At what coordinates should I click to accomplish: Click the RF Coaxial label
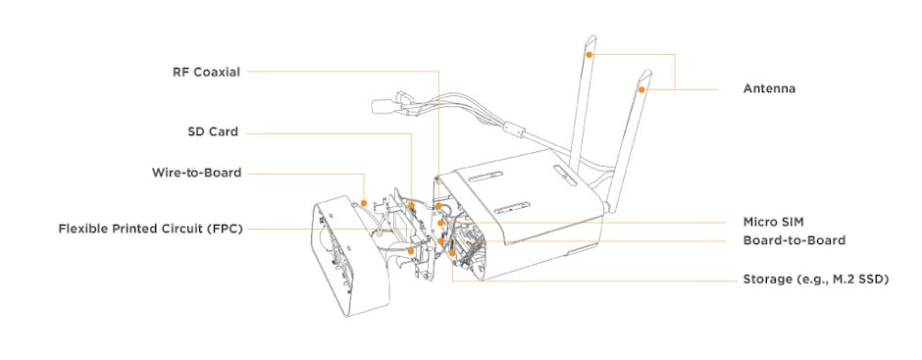[x=206, y=73]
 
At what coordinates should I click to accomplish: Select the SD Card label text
[x=213, y=131]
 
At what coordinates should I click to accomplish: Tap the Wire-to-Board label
[x=196, y=173]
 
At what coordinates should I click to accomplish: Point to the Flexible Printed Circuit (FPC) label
[x=150, y=229]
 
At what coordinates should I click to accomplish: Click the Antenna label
[x=769, y=89]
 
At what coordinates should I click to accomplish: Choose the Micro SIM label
[x=773, y=222]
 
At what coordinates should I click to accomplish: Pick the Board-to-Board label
[x=794, y=240]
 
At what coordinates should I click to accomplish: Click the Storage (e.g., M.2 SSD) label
[x=815, y=280]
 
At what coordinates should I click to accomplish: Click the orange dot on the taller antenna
[x=589, y=54]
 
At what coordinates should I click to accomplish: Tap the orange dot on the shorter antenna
[x=642, y=89]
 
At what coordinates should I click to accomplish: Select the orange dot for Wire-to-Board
[x=364, y=203]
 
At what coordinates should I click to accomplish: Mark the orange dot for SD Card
[x=412, y=205]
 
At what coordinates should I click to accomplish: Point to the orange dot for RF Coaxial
[x=438, y=205]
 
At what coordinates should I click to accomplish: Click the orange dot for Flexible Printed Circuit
[x=411, y=250]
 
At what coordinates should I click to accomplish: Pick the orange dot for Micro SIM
[x=440, y=223]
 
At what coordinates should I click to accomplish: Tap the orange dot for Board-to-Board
[x=440, y=241]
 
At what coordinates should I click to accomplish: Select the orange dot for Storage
[x=451, y=253]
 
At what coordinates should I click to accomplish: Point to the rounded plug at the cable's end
[x=383, y=107]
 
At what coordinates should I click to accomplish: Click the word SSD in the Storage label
[x=870, y=280]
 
